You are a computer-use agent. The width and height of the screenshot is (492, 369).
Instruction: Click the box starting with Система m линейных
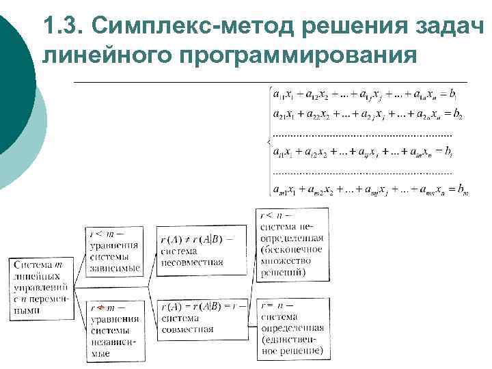(42, 286)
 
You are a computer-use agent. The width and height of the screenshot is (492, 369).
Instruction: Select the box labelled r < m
(115, 251)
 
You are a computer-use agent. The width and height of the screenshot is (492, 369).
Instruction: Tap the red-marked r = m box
(115, 329)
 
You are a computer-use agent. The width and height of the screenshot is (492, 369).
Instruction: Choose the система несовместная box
(202, 249)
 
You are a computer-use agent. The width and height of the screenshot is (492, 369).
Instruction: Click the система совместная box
(202, 318)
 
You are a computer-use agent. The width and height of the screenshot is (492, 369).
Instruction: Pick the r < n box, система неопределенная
(292, 244)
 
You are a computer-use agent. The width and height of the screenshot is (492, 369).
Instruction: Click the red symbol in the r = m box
(100, 308)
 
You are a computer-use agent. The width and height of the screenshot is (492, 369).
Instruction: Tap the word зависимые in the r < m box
(115, 267)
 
